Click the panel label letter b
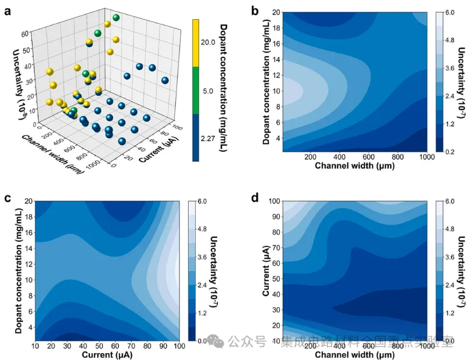pos(254,10)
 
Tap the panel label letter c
pos(8,197)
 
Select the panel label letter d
pos(254,197)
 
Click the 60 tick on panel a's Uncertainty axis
pos(27,34)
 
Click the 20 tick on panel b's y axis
pos(276,12)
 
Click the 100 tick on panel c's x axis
pos(179,347)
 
